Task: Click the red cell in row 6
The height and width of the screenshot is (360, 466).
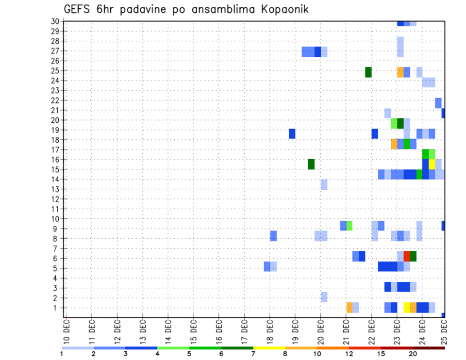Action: (407, 256)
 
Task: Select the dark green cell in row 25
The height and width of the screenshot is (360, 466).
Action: (368, 72)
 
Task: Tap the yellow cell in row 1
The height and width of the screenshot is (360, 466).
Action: (407, 308)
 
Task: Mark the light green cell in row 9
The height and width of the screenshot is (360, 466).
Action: (349, 226)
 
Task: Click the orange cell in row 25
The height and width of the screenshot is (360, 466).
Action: (400, 72)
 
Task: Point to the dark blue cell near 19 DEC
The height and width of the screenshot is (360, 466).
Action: (292, 133)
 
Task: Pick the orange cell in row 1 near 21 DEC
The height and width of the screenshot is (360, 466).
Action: (349, 308)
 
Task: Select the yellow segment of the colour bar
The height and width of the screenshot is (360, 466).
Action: (269, 348)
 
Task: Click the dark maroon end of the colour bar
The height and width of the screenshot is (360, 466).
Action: (429, 348)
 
